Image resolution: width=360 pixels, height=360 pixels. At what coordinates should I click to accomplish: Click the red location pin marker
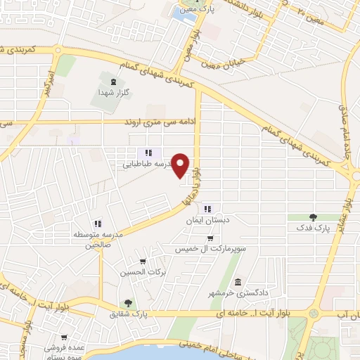point(181,166)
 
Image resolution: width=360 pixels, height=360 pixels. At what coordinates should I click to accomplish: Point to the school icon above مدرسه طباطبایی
point(148,153)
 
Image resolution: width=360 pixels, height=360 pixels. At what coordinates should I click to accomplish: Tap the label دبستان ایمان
point(204,220)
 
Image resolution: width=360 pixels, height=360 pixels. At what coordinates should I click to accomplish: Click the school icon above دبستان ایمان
point(207,209)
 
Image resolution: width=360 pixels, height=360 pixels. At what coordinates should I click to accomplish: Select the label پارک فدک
point(313,228)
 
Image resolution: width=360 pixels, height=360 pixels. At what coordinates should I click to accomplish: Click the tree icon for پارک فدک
point(313,217)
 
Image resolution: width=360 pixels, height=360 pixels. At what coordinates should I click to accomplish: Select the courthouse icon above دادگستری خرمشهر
point(237,281)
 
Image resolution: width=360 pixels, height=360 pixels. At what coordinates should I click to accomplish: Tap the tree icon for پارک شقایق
point(129,303)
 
